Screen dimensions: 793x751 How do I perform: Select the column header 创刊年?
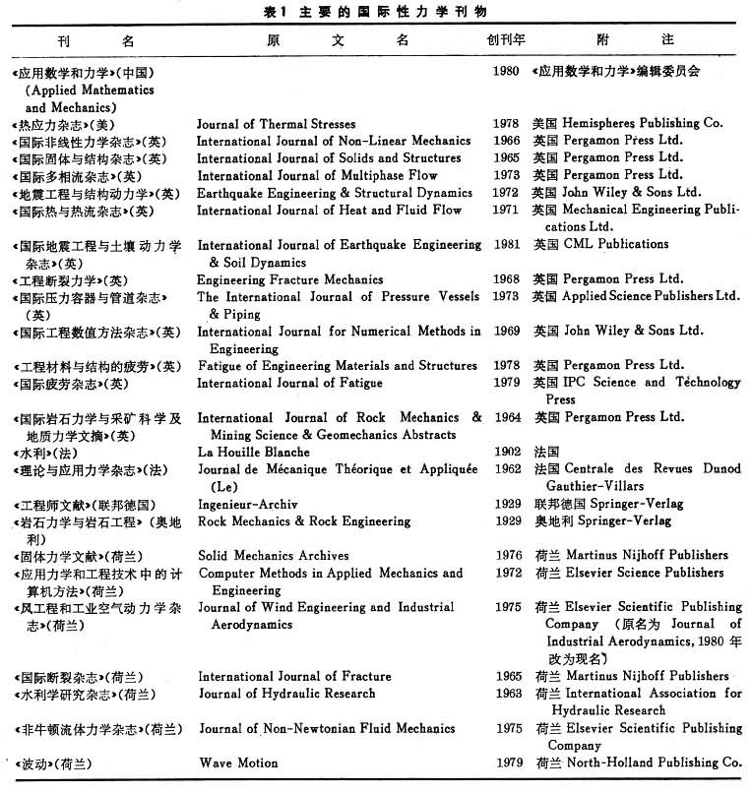click(506, 41)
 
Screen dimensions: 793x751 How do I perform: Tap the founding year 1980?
click(507, 72)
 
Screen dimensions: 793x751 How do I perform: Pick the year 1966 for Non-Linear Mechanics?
click(507, 141)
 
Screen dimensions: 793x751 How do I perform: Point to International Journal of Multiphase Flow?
click(317, 176)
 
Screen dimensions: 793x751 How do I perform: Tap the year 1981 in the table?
click(507, 245)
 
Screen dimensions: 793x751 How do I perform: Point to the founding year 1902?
click(507, 452)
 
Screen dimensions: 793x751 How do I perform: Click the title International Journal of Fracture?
click(294, 676)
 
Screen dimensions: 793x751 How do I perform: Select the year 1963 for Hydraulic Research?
click(507, 694)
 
